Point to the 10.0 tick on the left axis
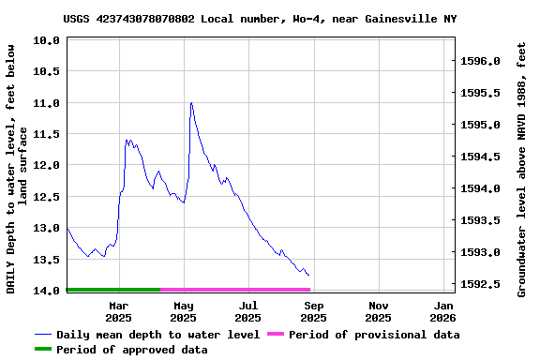click(47, 41)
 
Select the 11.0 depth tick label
click(47, 102)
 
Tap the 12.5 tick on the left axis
click(47, 196)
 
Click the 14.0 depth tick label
click(47, 291)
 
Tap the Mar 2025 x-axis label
click(119, 311)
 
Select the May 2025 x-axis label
click(184, 311)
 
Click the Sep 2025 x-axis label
click(314, 311)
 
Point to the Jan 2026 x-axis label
click(443, 311)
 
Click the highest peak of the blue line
click(190, 103)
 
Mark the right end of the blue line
click(308, 275)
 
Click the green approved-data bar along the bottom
click(112, 290)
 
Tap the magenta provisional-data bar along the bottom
click(234, 290)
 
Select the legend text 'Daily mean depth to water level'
click(157, 335)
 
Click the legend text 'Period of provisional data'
click(374, 335)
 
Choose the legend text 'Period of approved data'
click(131, 350)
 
